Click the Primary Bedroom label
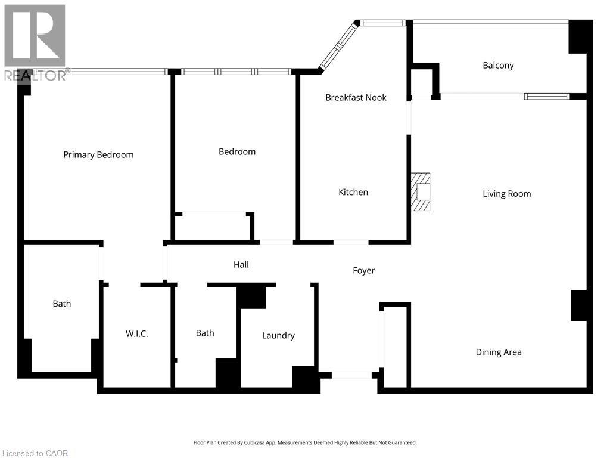tap(98, 155)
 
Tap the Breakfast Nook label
tap(356, 97)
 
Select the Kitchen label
tap(353, 192)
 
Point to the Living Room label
tap(506, 194)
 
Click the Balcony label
tap(499, 66)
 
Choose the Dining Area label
tap(499, 352)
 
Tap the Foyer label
tap(364, 270)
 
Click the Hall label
tap(241, 264)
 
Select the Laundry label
tap(279, 335)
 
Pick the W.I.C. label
tap(137, 334)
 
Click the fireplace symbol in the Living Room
tap(421, 191)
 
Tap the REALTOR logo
tap(35, 42)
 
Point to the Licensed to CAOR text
tap(35, 453)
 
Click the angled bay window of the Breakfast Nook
tap(338, 46)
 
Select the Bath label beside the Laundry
tap(205, 333)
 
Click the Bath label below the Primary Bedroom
tap(62, 304)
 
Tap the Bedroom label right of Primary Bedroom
tap(237, 152)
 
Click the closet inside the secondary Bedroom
tap(213, 227)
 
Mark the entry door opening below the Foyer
tap(351, 375)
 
